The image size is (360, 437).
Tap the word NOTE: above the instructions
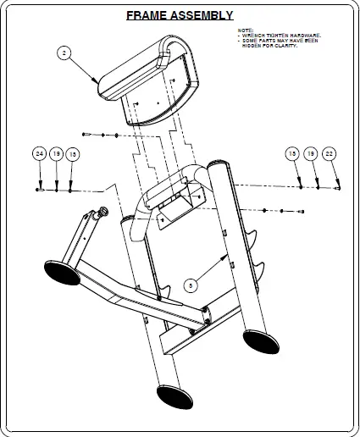245,30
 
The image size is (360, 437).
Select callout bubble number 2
64,53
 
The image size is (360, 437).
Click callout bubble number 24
39,154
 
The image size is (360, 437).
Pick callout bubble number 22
330,153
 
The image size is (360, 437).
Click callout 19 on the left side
56,154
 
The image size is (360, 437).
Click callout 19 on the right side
311,153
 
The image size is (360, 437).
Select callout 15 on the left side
73,154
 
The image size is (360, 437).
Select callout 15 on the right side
292,153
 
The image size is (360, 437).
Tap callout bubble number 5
191,286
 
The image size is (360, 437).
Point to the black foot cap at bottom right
259,340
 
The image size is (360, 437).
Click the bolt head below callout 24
40,190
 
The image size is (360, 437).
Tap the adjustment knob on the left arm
104,211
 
